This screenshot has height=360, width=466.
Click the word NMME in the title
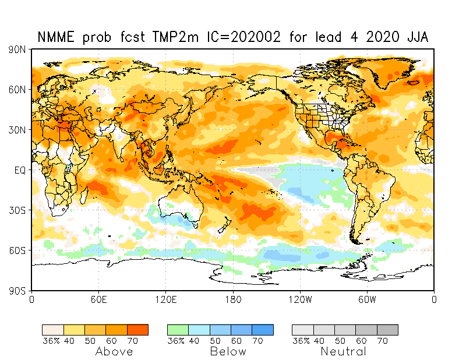pos(56,37)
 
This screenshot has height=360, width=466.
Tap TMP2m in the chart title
pos(175,37)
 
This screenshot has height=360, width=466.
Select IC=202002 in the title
pos(243,37)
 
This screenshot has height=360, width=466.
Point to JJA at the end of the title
pos(418,37)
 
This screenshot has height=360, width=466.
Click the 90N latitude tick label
pos(17,50)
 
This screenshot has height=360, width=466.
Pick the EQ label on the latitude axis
pos(20,170)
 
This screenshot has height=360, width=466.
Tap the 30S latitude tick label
pos(17,210)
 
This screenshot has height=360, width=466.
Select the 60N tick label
pos(17,90)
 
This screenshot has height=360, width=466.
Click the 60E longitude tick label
pos(98,299)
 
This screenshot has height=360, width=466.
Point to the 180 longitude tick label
pos(233,299)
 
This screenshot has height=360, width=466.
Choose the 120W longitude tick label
pos(300,299)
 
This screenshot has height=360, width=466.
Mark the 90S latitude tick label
pos(17,291)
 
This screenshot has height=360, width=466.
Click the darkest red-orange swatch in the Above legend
pos(137,330)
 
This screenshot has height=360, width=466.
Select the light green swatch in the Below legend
pos(178,330)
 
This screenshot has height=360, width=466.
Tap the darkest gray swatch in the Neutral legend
pos(387,330)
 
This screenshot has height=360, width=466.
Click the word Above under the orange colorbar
pos(114,351)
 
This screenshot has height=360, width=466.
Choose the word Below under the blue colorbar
pos(228,351)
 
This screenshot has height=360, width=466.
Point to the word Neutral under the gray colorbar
pos(343,351)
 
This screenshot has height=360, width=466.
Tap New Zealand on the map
pos(224,224)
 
